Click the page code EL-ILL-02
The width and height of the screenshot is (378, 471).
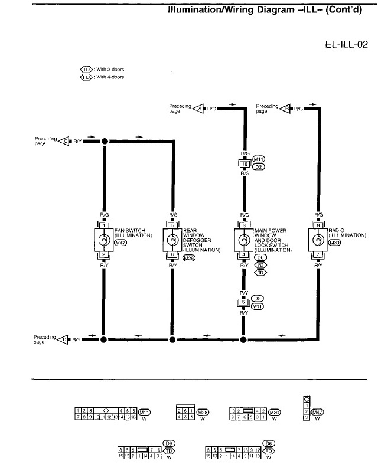[x=346, y=44]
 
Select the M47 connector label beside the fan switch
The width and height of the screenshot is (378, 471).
[x=121, y=242]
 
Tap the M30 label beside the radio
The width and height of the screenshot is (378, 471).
[x=334, y=242]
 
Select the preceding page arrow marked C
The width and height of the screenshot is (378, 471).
[x=64, y=141]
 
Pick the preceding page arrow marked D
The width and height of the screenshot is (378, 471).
[x=64, y=339]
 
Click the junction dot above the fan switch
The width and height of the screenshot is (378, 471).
[x=105, y=141]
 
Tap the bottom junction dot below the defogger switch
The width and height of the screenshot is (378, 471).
[x=172, y=339]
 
